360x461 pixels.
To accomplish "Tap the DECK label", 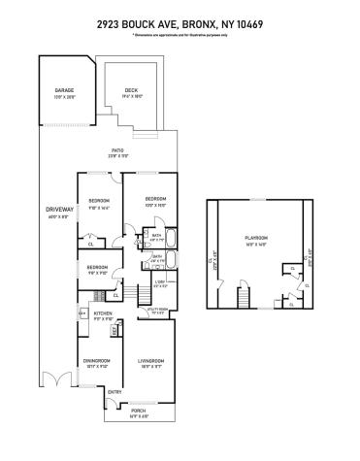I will [131, 90].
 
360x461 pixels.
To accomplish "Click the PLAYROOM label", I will [256, 238].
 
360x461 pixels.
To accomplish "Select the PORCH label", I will [139, 409].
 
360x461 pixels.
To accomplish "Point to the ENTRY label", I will [114, 391].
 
